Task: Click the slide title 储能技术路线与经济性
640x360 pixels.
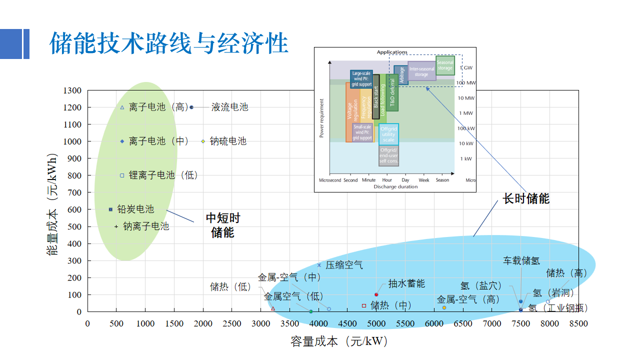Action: point(169,43)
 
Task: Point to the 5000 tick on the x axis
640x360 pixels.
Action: point(376,323)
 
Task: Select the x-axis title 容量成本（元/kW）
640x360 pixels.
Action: point(339,341)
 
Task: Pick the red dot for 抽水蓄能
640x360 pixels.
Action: point(376,294)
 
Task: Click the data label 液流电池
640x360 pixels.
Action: point(229,107)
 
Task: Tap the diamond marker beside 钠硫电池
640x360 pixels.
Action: point(203,141)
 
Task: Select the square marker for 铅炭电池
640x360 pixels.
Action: point(110,209)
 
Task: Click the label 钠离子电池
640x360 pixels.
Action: point(146,226)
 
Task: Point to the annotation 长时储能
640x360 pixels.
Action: point(526,198)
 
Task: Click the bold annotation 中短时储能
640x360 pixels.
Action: point(223,225)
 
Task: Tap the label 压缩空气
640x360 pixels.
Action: point(344,265)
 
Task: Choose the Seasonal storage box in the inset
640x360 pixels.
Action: point(445,65)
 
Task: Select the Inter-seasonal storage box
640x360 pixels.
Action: point(421,71)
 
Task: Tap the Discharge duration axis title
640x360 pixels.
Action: point(395,187)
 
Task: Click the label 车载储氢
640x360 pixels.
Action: point(521,260)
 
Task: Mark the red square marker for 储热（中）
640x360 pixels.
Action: point(364,305)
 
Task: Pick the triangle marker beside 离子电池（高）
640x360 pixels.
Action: point(122,107)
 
